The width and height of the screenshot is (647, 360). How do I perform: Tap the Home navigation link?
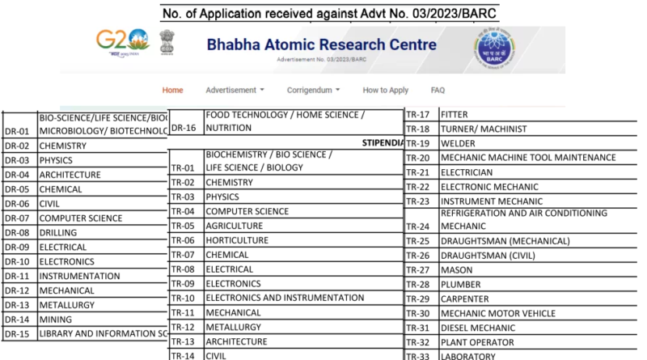coord(172,90)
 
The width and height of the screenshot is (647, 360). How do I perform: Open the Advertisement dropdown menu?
coord(235,90)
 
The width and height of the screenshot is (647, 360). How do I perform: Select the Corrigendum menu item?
coord(313,90)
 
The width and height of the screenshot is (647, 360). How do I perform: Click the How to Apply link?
coord(385,90)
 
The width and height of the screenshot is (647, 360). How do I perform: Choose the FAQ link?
coord(438,90)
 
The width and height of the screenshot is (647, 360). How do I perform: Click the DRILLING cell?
coord(58,233)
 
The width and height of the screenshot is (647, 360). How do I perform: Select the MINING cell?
coord(55,319)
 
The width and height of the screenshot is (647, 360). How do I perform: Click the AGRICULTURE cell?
coord(234,226)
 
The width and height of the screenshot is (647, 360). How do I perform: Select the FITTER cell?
coord(455,114)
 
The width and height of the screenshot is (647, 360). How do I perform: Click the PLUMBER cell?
coord(460,284)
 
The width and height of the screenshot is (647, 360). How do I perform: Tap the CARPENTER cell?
coord(465,299)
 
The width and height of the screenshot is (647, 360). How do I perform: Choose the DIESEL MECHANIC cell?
coord(478,328)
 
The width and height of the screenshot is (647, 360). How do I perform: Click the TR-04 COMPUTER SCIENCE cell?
coord(247,211)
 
